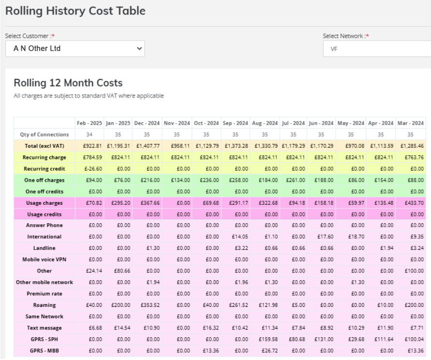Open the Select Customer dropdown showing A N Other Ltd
(x=75, y=48)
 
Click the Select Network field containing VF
(x=377, y=49)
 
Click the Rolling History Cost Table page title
(x=75, y=10)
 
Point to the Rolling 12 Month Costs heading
(x=68, y=83)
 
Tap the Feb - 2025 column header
(x=89, y=123)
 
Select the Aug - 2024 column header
(x=265, y=123)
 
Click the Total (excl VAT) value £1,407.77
(x=148, y=145)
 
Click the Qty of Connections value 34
(x=89, y=134)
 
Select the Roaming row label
(x=44, y=305)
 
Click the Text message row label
(x=44, y=328)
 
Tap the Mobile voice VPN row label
(x=44, y=259)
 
